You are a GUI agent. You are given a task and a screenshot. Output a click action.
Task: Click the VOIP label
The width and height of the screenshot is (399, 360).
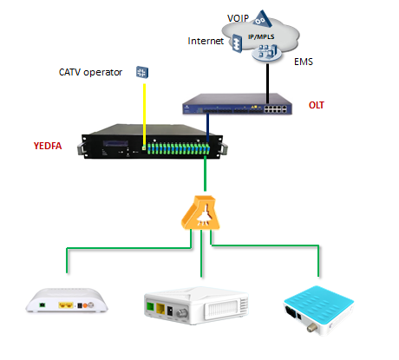[238, 18]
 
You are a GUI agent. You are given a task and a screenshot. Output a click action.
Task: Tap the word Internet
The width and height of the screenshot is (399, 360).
[206, 41]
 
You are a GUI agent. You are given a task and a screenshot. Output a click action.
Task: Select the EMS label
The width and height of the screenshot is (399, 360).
[304, 62]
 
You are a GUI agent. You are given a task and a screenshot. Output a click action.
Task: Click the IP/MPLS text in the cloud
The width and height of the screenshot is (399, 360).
[261, 36]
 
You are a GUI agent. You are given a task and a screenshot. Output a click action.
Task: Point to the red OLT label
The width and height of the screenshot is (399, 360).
[317, 105]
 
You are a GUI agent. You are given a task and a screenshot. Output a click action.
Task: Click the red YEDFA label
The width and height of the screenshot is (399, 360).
[48, 146]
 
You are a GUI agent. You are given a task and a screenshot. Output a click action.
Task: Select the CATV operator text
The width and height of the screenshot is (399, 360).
[90, 72]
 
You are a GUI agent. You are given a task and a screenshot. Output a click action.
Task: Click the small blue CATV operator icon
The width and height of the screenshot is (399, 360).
[142, 72]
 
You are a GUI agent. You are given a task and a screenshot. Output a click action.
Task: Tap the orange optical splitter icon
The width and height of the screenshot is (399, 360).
[201, 213]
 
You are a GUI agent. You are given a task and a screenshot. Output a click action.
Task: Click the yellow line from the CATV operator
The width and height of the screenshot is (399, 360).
[144, 115]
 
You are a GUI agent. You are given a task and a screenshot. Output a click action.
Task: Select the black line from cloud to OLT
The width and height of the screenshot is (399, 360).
[267, 84]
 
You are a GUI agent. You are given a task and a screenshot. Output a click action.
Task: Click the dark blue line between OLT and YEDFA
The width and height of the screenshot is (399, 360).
[207, 128]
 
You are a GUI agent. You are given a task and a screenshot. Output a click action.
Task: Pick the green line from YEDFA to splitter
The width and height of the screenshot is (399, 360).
[205, 173]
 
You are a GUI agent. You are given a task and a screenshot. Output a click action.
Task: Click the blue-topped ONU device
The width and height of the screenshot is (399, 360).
[319, 310]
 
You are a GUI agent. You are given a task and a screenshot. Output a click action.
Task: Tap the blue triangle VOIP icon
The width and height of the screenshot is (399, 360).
[262, 19]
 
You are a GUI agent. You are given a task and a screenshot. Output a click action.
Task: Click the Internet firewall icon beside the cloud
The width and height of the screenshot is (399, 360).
[238, 43]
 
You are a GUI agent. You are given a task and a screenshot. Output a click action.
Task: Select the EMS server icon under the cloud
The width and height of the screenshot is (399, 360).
[267, 53]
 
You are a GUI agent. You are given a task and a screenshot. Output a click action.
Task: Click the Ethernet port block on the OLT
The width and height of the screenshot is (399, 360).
[275, 108]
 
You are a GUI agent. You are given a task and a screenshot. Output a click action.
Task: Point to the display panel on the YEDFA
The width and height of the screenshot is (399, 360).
[115, 143]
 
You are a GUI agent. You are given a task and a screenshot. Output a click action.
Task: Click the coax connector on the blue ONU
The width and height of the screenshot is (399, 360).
[312, 328]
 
